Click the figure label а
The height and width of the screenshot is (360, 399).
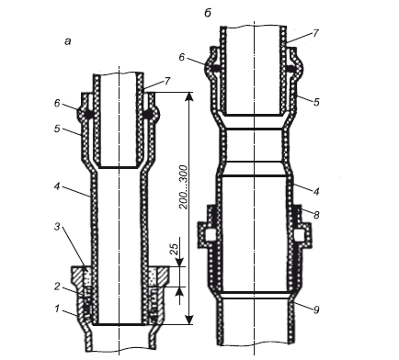[x=68, y=41]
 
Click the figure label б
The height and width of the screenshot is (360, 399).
[x=208, y=14]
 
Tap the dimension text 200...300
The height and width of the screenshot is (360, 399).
[x=183, y=187]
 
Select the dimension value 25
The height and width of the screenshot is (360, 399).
[x=173, y=250]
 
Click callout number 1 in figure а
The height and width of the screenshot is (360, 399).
[x=57, y=309]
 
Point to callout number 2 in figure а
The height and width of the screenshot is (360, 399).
[x=57, y=287]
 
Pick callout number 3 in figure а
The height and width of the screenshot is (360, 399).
[x=57, y=228]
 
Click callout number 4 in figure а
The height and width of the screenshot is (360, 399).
[x=57, y=186]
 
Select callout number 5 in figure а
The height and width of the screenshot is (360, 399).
[x=57, y=129]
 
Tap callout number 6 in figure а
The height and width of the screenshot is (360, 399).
[x=57, y=104]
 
